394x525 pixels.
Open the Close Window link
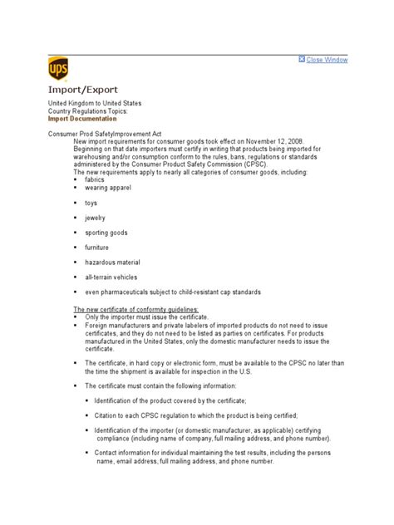(327, 60)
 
